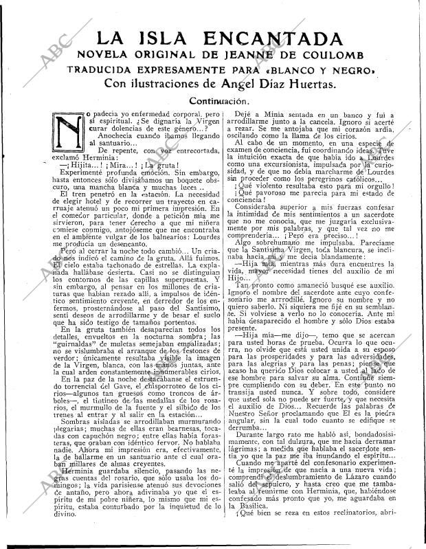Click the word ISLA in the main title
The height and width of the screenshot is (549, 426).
click(x=164, y=38)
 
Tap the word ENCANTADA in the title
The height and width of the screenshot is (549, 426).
click(x=273, y=38)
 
